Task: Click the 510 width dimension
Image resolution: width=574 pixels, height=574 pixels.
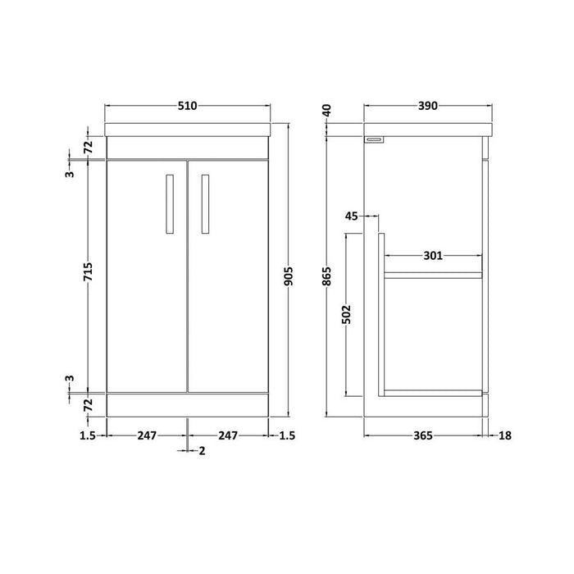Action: pos(189,106)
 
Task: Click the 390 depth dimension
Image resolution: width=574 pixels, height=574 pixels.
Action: pos(428,106)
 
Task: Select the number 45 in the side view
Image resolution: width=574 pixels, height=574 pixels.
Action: pos(352,216)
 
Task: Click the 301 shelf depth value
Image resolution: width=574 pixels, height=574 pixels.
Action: pos(434,256)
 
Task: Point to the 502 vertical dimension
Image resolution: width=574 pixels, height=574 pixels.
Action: pos(346,316)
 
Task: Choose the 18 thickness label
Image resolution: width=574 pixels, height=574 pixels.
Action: pos(504,435)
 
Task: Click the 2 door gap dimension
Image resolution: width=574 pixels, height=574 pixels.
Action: pos(201,450)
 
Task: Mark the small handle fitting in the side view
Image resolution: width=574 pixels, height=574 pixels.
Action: pos(375,140)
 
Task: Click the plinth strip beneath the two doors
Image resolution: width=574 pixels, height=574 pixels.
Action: pos(189,403)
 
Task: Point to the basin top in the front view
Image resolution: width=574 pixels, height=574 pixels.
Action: pos(189,129)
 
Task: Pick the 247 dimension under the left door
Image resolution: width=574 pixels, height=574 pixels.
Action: pos(147,435)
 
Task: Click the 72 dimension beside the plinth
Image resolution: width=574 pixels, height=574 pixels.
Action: pos(89,403)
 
